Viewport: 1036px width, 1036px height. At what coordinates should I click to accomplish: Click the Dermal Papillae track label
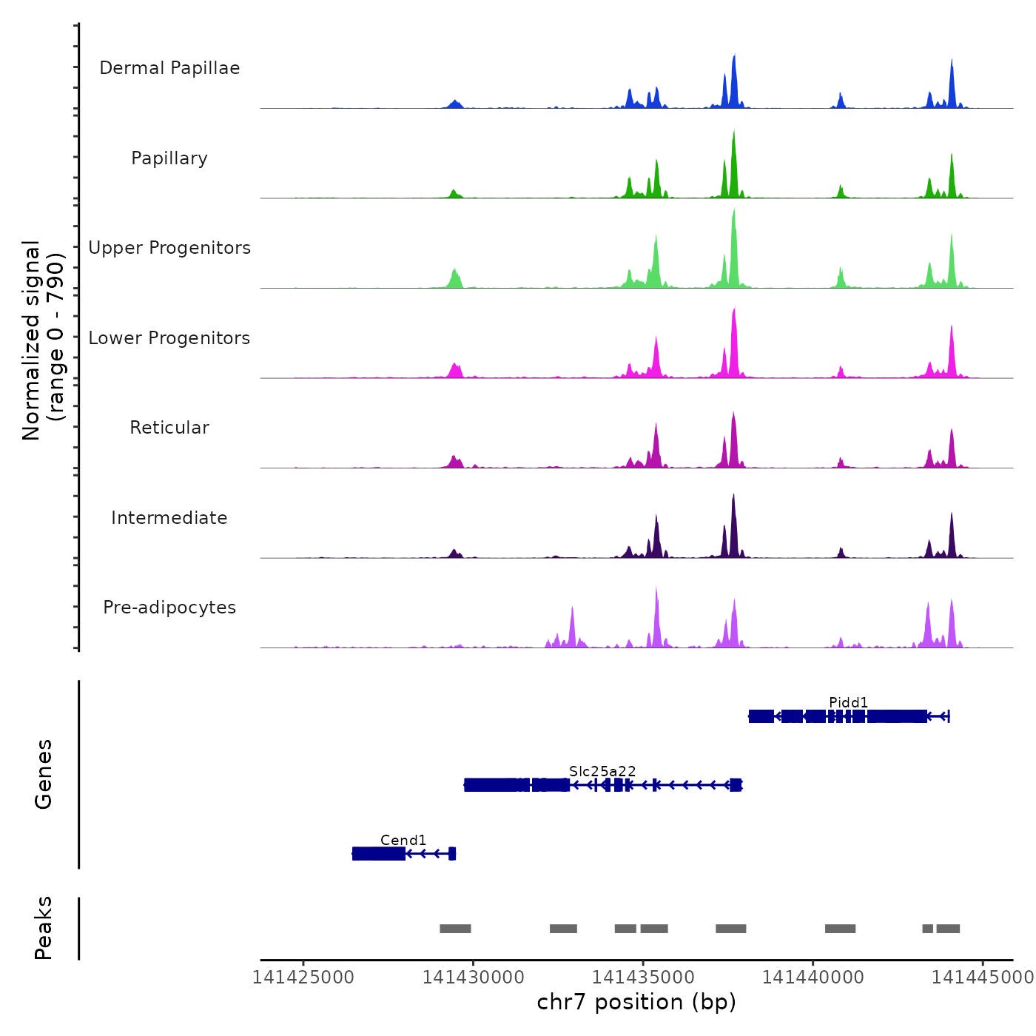(x=169, y=68)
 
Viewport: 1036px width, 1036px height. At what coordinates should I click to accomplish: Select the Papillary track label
(x=169, y=158)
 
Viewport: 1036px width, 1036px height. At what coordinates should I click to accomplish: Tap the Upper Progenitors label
(x=169, y=248)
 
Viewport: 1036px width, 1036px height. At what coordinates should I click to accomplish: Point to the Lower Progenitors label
(x=169, y=338)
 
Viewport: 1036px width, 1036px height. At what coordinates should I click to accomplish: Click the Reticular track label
(x=169, y=428)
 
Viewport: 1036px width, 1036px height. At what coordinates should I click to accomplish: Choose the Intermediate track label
(x=169, y=518)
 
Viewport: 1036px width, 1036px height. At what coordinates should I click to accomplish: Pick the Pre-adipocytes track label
(x=169, y=608)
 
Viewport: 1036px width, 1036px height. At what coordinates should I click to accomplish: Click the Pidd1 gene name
(x=848, y=702)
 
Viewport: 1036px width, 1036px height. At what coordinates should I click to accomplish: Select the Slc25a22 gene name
(x=602, y=771)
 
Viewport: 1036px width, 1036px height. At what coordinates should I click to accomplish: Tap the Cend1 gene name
(x=403, y=840)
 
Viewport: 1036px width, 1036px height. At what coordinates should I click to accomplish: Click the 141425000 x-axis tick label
(x=303, y=978)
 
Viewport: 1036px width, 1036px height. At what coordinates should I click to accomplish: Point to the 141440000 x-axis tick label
(x=813, y=978)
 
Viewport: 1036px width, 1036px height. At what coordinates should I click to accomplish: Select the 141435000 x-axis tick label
(x=643, y=978)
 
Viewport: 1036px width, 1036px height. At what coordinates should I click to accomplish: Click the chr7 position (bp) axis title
(x=636, y=1002)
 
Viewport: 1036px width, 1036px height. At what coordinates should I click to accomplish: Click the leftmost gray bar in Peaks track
(x=455, y=929)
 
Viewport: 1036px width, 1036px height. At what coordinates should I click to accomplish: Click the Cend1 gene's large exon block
(x=379, y=854)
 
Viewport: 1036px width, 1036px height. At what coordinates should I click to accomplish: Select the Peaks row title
(x=44, y=928)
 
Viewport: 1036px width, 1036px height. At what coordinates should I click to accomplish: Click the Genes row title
(x=44, y=774)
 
